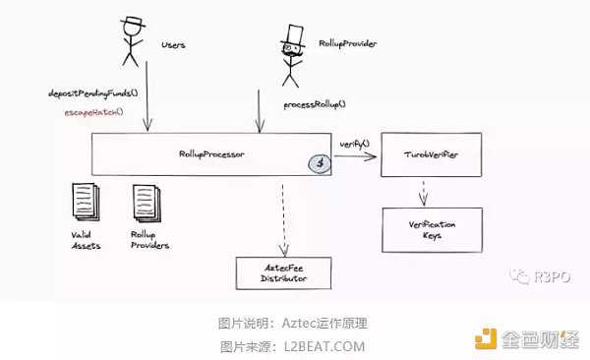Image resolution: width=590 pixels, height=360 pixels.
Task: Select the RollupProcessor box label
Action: click(x=211, y=154)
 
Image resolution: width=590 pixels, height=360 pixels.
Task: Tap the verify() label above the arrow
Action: click(x=355, y=144)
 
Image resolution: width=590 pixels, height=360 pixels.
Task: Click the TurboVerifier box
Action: click(x=431, y=156)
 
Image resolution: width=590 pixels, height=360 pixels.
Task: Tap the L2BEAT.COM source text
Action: click(x=321, y=346)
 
